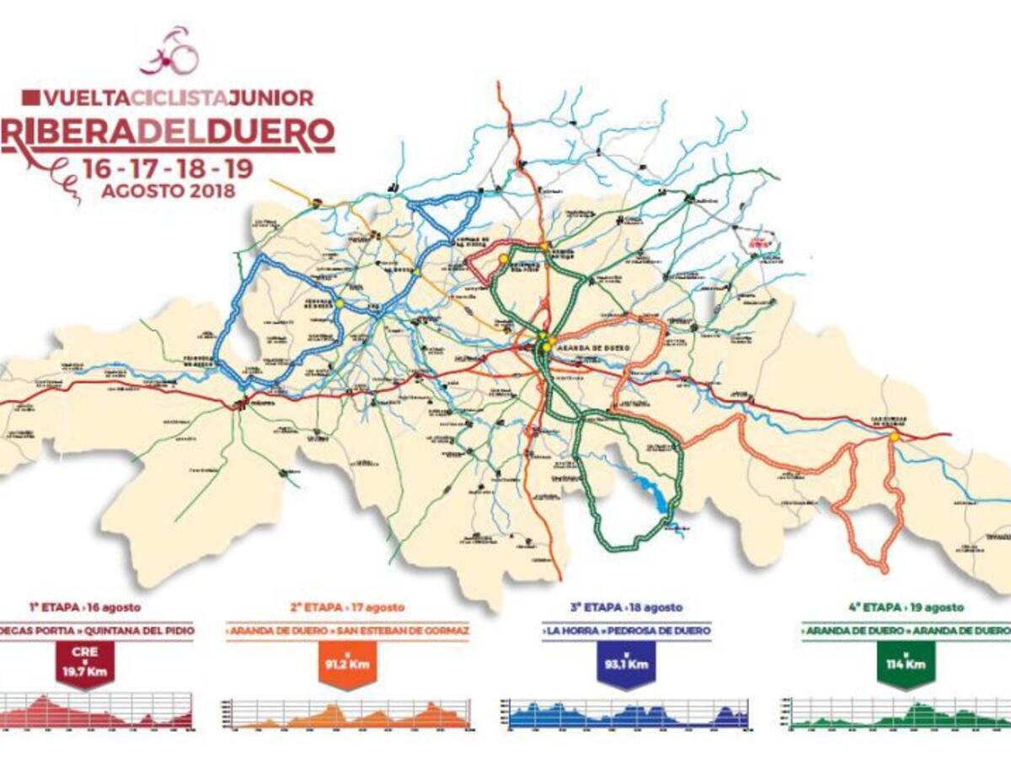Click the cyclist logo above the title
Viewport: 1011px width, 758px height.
pos(170,51)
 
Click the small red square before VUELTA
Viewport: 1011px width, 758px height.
pos(31,98)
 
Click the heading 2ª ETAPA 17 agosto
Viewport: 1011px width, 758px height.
pos(346,606)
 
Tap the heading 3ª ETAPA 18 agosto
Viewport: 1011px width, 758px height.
pos(624,606)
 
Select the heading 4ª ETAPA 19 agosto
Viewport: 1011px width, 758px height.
pos(905,606)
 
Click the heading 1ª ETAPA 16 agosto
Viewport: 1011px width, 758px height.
pos(84,606)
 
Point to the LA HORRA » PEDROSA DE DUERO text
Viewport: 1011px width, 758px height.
pos(625,630)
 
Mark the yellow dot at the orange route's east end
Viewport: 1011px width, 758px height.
pos(893,436)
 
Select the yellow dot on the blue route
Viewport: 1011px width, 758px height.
pos(339,303)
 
